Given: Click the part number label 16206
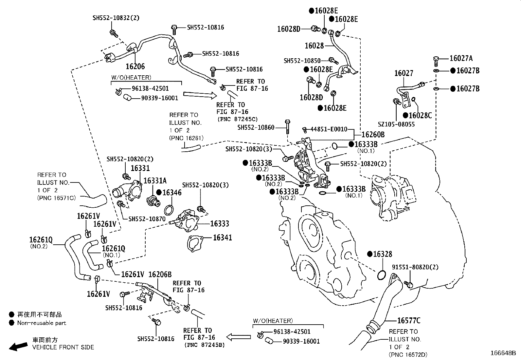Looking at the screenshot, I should [135, 66].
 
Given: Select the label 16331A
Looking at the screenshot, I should [155, 181].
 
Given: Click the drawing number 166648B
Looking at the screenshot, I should [503, 353].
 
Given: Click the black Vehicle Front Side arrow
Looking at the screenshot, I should [18, 346].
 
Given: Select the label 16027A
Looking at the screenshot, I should [461, 59].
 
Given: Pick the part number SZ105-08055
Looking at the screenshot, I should [396, 124].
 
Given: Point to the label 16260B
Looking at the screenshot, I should [373, 135].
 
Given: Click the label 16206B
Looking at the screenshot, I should [160, 275].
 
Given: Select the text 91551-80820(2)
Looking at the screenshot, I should [415, 267].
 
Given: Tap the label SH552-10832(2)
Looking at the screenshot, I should [116, 18].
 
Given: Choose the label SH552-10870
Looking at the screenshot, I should [147, 219].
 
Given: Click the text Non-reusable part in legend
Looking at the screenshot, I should [42, 323].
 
